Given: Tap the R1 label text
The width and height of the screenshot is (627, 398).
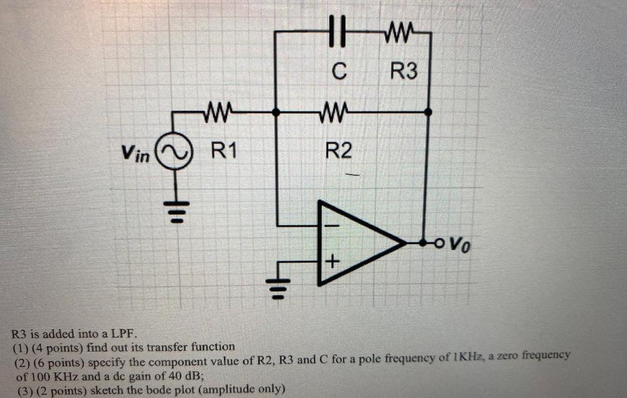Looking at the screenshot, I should point(223,149).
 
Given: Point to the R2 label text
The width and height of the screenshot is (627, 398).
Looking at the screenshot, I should point(338,150).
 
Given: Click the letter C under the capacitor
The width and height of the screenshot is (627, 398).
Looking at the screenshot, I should point(339,72).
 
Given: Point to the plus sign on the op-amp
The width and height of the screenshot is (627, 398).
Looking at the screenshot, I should point(331,263).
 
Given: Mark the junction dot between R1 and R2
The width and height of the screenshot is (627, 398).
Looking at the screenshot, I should point(277,112).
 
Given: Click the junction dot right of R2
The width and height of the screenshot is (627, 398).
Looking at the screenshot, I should point(427,112).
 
